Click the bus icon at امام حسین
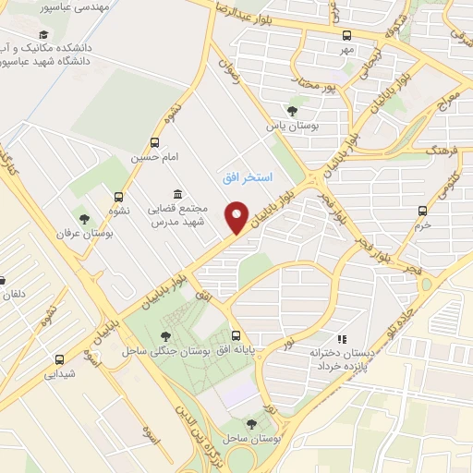[x=154, y=143]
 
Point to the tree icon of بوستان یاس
[x=292, y=111]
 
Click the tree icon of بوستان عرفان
[x=85, y=220]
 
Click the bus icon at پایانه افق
[x=236, y=336]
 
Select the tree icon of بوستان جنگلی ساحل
[x=165, y=337]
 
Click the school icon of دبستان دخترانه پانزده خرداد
[x=342, y=339]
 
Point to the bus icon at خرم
[x=422, y=211]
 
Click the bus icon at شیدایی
[x=60, y=360]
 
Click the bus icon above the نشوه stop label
[x=117, y=196]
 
